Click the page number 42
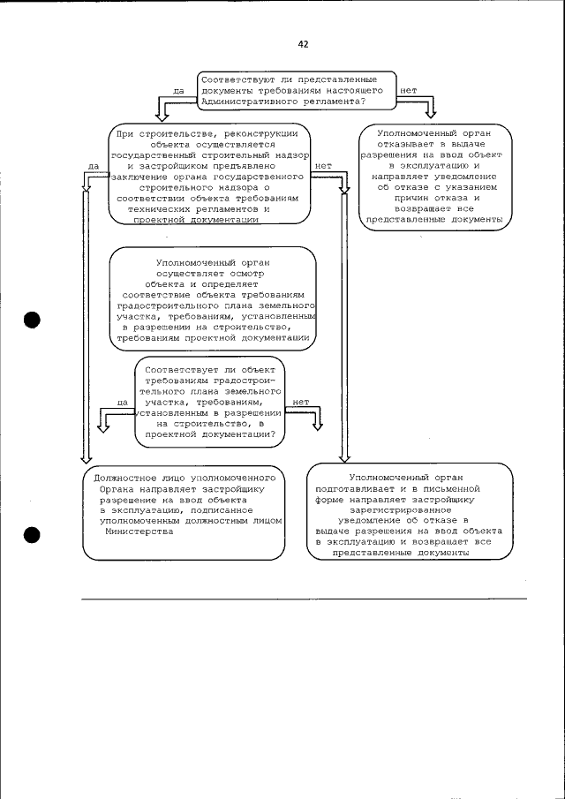(304, 43)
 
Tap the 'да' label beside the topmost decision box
(177, 90)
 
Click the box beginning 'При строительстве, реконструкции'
(212, 176)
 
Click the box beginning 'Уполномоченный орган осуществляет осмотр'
(213, 300)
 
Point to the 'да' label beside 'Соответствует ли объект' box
(122, 402)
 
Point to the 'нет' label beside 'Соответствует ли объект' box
(300, 402)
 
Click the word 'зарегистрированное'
(407, 509)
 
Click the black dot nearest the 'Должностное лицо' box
(33, 534)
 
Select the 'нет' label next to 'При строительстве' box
(322, 165)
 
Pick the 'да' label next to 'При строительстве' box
(93, 165)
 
